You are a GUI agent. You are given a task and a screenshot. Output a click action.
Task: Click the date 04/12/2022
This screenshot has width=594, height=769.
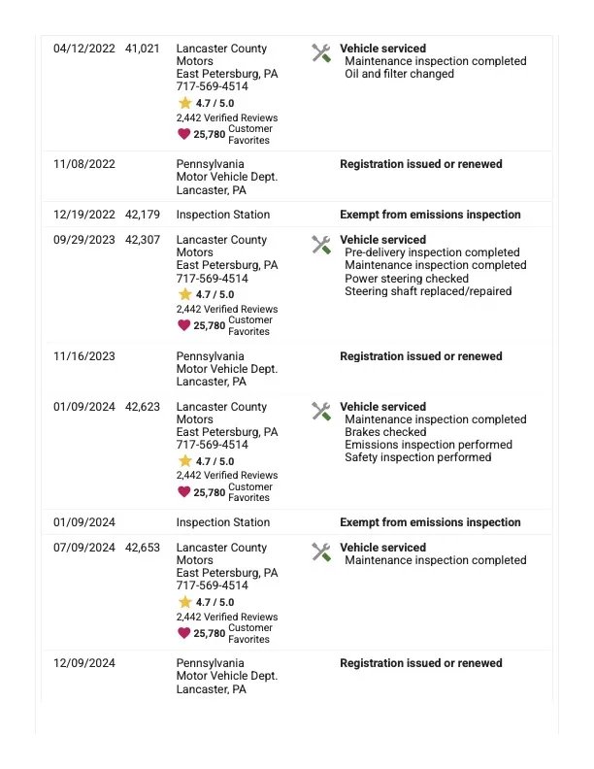click(x=83, y=49)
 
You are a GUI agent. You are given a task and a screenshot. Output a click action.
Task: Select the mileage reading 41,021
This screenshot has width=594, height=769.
click(x=143, y=49)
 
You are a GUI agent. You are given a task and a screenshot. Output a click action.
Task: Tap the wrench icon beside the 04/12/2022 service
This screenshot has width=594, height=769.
click(x=321, y=53)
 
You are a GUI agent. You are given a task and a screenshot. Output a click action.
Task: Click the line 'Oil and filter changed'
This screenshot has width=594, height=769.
click(x=399, y=74)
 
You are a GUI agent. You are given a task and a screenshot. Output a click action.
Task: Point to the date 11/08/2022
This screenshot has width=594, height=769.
click(x=83, y=164)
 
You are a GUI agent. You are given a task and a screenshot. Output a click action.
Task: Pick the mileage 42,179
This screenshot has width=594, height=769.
click(x=143, y=215)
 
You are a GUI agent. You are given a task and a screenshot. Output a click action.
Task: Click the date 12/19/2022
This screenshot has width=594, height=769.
click(x=83, y=215)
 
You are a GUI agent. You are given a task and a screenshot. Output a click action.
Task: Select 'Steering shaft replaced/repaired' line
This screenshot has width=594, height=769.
click(x=428, y=291)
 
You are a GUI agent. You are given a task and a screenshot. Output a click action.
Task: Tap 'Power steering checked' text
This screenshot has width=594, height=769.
click(x=407, y=279)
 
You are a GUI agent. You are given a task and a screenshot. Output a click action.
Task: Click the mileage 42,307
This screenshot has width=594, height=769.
click(x=143, y=240)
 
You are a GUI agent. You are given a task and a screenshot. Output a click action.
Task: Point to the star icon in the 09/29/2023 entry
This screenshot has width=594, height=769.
click(x=184, y=294)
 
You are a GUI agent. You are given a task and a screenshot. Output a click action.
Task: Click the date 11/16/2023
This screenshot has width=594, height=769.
click(x=83, y=356)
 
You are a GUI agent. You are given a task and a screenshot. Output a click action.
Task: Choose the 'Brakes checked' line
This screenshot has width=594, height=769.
click(x=385, y=432)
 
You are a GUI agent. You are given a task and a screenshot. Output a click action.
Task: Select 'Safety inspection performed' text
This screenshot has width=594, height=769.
click(x=417, y=457)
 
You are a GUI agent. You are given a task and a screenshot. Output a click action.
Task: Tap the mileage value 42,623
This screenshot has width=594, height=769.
click(x=143, y=407)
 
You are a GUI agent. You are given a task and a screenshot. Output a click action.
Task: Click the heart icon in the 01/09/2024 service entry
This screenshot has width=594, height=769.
click(x=184, y=492)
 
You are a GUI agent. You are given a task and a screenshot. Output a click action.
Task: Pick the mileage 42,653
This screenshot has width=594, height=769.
click(x=143, y=548)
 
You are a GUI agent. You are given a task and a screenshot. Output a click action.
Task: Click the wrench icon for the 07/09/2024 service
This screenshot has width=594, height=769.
click(x=321, y=552)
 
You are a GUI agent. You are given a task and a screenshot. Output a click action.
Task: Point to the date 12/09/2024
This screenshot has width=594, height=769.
click(x=83, y=663)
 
